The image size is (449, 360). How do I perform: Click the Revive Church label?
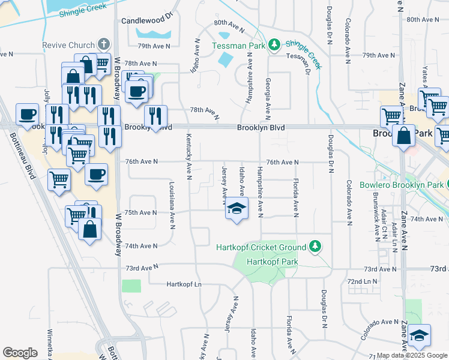[68, 45]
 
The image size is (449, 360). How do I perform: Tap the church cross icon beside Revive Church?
[104, 45]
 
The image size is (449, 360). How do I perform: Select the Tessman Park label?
[239, 45]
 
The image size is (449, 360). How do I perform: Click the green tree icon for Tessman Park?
[274, 44]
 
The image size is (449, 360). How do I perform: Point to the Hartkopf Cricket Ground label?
[262, 247]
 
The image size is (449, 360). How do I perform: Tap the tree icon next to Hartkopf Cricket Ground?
[314, 246]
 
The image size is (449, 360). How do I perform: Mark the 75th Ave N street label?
[140, 212]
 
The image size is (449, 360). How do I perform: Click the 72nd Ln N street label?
[363, 281]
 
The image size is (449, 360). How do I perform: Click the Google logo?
[20, 352]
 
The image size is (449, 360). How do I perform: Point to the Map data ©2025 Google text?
[412, 355]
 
